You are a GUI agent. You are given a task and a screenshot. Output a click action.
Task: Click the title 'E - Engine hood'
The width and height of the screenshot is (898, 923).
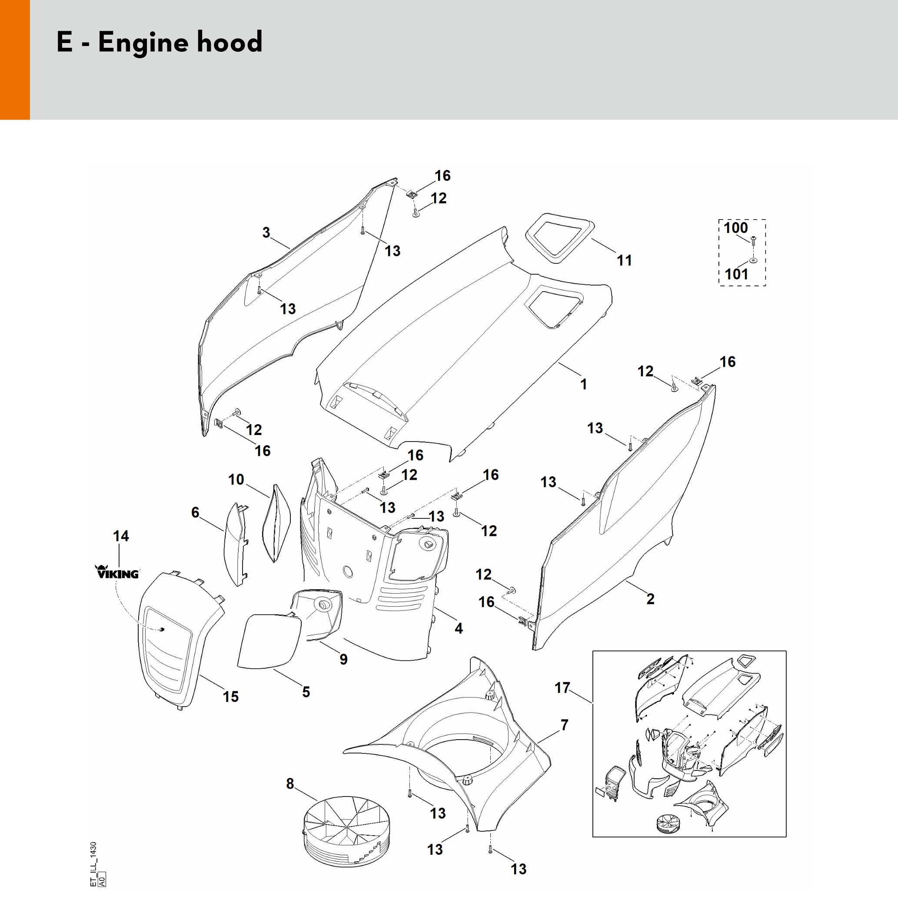pos(159,43)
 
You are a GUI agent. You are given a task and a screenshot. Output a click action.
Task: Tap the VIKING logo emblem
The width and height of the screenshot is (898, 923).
pos(118,572)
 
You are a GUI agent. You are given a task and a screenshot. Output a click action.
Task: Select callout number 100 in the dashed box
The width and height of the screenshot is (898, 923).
pos(735,228)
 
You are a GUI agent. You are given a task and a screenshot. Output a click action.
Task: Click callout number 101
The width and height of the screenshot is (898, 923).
pos(736,274)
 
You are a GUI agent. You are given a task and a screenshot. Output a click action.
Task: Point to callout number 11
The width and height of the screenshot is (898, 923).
pos(624,260)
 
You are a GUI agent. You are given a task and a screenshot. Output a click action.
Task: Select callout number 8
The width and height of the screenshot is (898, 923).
pos(290,784)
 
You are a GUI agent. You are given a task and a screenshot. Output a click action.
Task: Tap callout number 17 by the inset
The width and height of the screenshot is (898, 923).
pos(562,687)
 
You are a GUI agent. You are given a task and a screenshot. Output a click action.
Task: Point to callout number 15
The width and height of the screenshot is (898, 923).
pos(231,697)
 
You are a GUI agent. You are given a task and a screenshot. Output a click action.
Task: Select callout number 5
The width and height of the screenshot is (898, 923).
pos(306,692)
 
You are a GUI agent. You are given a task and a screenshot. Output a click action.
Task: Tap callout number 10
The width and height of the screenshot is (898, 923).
pos(236,480)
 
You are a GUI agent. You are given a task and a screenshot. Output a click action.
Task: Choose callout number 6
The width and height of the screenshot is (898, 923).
pos(195,512)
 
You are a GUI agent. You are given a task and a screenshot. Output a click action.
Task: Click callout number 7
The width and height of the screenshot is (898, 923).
pos(564,725)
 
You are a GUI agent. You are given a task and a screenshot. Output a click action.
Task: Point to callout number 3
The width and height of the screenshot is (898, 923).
pos(266,232)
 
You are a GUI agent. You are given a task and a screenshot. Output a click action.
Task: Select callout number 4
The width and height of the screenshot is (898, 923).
pos(459,628)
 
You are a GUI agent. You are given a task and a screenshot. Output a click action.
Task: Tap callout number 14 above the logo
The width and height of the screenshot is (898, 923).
pos(121,536)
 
